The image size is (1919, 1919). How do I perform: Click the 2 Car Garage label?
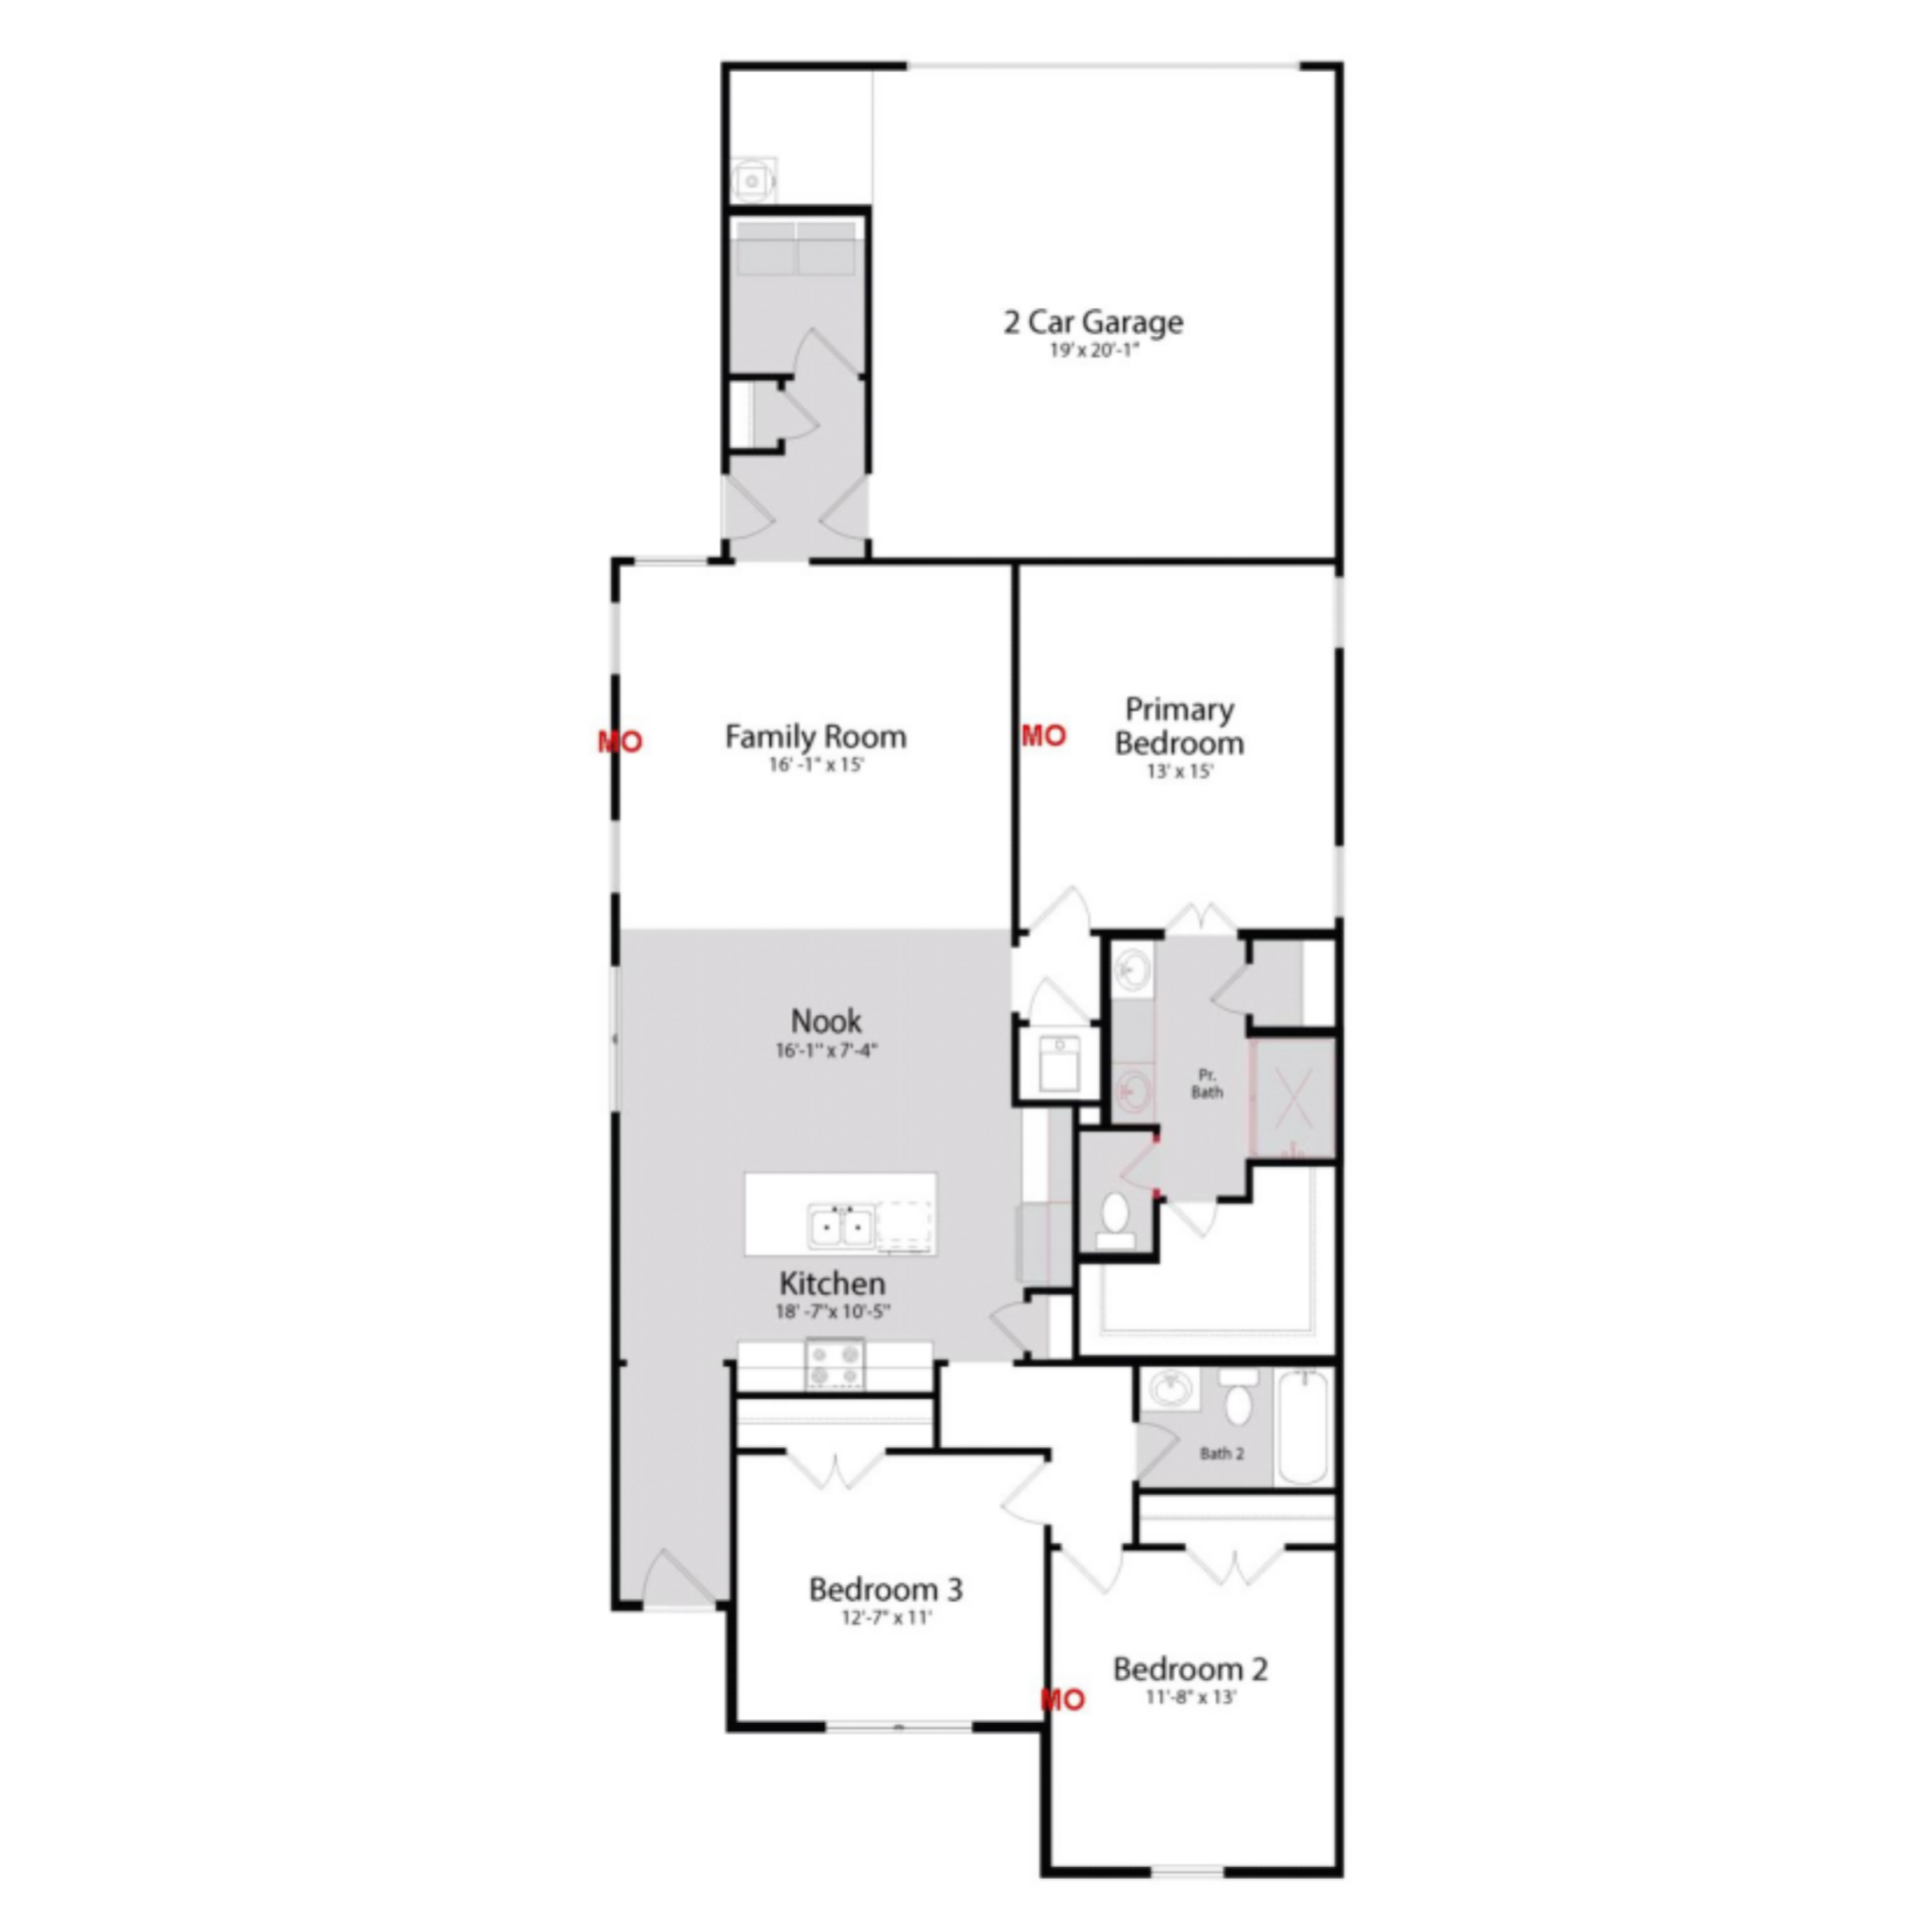point(1093,322)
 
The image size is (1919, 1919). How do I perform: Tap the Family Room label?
point(816,737)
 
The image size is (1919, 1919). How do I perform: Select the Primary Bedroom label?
point(1179,726)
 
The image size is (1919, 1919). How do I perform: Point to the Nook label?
point(826,1020)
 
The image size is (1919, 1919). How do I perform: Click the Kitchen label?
point(832,1283)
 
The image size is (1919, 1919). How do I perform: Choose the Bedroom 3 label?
point(886,1588)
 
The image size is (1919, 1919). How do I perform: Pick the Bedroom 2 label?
point(1190,1668)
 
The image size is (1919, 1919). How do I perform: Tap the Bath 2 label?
point(1221,1453)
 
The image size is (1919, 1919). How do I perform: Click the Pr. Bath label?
point(1206,1083)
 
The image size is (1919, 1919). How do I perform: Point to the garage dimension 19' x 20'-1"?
point(1094,351)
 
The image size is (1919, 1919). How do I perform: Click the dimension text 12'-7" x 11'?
point(886,1617)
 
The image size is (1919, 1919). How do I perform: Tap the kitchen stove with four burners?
point(836,1365)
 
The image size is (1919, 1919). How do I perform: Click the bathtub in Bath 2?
point(1303,1426)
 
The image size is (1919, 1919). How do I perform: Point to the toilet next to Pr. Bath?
point(1115,1221)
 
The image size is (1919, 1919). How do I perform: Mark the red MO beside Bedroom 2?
point(1062,1699)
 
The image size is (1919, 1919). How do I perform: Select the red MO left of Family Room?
point(620,742)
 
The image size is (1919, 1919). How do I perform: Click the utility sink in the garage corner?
point(753,181)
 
